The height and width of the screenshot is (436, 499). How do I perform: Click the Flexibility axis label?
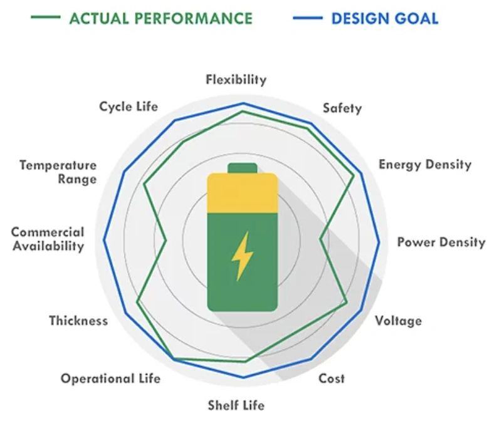coord(236,80)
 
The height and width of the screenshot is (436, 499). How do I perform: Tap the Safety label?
coord(342,108)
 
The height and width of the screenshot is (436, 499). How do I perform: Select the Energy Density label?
coord(424,165)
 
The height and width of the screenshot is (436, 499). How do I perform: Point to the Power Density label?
coord(441,242)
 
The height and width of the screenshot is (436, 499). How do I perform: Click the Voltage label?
coord(398,321)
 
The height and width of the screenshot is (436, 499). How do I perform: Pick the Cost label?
coord(332,378)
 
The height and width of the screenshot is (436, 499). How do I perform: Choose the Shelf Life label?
coord(236,405)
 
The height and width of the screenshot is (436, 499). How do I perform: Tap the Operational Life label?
coord(110,378)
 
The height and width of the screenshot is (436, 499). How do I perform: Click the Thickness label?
coord(78,321)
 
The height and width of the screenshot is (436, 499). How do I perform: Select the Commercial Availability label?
coord(48,239)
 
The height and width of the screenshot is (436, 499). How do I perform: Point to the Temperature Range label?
coord(58,172)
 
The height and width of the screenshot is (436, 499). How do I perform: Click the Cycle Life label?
coord(129,106)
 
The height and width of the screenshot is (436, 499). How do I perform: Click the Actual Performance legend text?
coord(161,18)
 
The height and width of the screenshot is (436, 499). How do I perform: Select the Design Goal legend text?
coord(384,18)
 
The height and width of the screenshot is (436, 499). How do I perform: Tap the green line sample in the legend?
coord(46,18)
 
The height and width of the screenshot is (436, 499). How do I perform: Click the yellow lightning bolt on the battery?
coord(241,256)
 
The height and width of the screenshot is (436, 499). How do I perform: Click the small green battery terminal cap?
coord(242,167)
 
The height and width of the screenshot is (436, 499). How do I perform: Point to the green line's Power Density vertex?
coord(320,239)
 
